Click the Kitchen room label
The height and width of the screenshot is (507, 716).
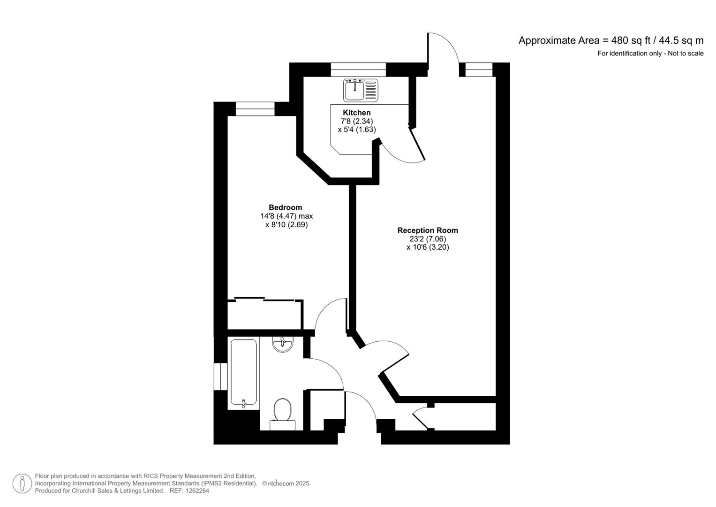pos(356,113)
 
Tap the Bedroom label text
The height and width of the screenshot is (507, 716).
pos(285,207)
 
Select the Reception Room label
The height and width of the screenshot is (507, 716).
pos(427,230)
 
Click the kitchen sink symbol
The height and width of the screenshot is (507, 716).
pos(360,90)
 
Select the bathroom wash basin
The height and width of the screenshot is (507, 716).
pos(283,345)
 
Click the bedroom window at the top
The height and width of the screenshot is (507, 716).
pos(255,109)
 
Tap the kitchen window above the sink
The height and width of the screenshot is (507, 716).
pos(358,69)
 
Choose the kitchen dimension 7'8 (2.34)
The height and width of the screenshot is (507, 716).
pos(356,121)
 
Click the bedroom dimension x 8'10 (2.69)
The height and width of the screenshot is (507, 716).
pos(286,224)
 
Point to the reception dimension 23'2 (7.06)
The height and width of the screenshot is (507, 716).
pos(427,238)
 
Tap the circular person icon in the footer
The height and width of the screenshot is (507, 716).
pos(22,483)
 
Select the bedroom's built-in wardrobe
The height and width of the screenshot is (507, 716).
pos(264,314)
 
